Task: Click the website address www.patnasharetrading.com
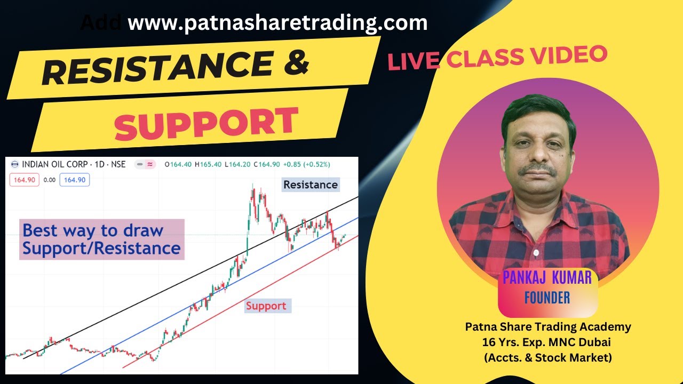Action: click(277, 23)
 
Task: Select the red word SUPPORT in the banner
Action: click(206, 123)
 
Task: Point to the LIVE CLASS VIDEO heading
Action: click(497, 58)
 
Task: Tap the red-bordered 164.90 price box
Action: click(25, 180)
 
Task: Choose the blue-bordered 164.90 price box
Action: click(75, 180)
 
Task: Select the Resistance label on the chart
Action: click(310, 185)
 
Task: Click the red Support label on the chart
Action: click(266, 306)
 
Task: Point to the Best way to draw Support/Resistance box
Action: click(101, 239)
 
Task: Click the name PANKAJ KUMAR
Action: click(547, 277)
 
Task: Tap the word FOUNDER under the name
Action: click(547, 297)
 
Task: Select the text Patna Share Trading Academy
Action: click(548, 327)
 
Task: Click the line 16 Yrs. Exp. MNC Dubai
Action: click(548, 342)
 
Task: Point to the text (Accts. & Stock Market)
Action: click(548, 358)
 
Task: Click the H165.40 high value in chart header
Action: click(209, 164)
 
